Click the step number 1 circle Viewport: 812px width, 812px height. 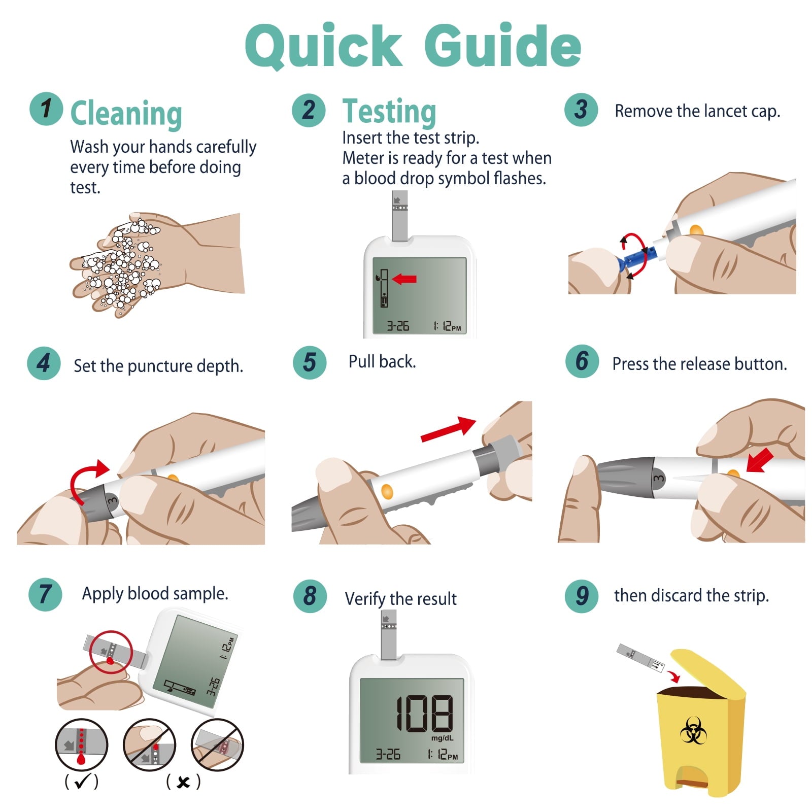(x=46, y=109)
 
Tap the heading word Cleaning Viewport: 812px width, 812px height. (x=126, y=113)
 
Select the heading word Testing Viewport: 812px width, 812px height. (x=389, y=112)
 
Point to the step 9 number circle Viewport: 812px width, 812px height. (x=582, y=596)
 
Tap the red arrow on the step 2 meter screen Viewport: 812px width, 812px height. (x=404, y=279)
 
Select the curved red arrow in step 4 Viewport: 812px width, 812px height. (x=86, y=477)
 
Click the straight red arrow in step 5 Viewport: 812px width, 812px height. (x=448, y=428)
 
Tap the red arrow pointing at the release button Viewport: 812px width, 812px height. (x=759, y=460)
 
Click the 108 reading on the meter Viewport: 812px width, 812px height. (x=424, y=714)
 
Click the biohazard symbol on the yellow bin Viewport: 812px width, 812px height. (x=693, y=731)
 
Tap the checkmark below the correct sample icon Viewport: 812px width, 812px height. (x=81, y=782)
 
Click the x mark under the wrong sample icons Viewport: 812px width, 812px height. (x=183, y=782)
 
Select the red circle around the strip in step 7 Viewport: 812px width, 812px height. (x=111, y=652)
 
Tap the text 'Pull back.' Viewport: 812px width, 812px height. (x=382, y=361)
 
